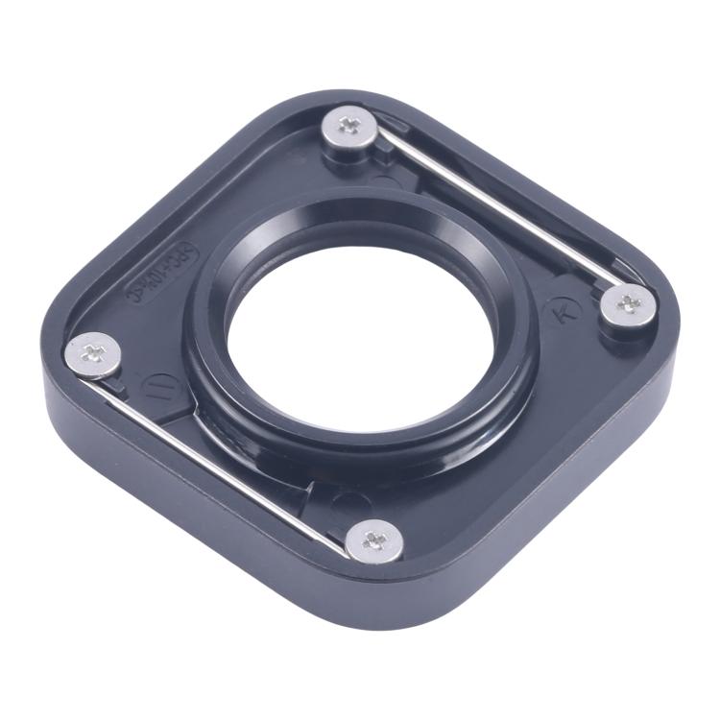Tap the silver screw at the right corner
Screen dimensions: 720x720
click(x=629, y=304)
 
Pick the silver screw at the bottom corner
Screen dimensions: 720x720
click(x=373, y=538)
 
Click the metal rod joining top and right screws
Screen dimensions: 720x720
click(x=494, y=212)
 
